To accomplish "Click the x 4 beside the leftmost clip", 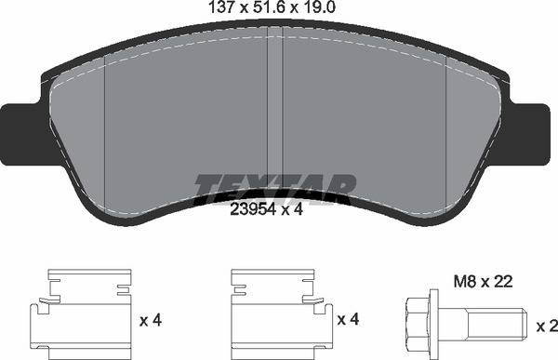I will pyautogui.click(x=150, y=321).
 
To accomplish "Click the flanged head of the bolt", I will pyautogui.click(x=419, y=320).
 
